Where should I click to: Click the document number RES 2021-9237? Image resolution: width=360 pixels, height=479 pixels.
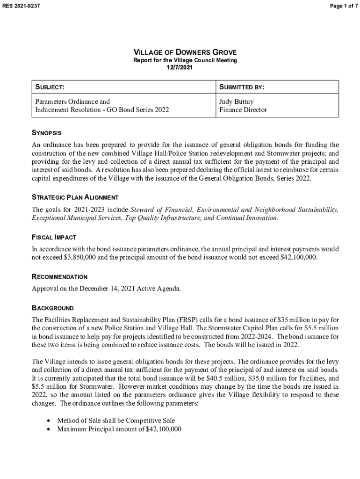click(x=22, y=6)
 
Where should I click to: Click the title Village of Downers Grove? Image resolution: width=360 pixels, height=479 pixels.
click(x=185, y=52)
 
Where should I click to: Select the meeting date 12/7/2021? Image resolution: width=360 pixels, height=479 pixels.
click(x=180, y=67)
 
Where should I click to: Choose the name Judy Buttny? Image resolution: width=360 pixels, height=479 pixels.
click(x=237, y=101)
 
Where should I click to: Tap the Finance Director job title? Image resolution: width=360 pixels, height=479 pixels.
click(x=243, y=110)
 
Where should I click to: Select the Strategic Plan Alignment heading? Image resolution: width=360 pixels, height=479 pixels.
click(x=75, y=197)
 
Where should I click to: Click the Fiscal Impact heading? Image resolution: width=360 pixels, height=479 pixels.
click(x=54, y=237)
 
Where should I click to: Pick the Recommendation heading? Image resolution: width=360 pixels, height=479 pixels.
click(x=59, y=277)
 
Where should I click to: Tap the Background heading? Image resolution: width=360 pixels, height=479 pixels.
click(x=52, y=308)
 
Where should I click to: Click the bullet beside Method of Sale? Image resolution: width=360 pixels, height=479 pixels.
click(x=49, y=421)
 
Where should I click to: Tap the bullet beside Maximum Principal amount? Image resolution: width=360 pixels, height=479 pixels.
click(x=49, y=429)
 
